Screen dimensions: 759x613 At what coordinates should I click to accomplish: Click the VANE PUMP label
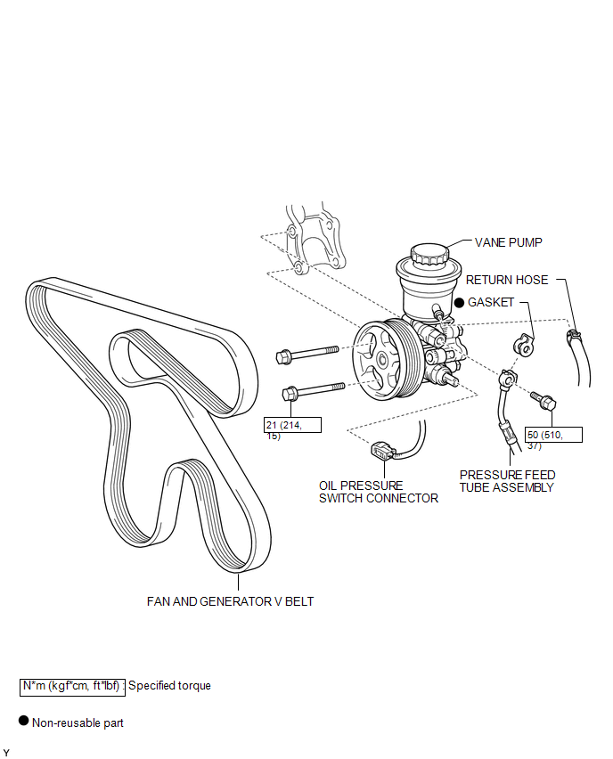[508, 242]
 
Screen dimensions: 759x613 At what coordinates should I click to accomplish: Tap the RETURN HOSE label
[507, 280]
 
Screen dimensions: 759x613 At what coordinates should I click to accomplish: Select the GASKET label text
[491, 302]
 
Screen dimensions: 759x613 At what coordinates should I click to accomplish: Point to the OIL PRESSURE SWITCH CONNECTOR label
[379, 492]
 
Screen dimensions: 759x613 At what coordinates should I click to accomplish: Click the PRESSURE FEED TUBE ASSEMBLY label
[506, 481]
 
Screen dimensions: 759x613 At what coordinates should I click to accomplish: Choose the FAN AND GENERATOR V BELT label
[230, 601]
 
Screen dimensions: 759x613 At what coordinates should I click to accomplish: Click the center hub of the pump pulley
[381, 360]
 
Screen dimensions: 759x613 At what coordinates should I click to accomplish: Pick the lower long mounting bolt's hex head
[290, 393]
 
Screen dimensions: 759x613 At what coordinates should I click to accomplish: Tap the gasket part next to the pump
[525, 344]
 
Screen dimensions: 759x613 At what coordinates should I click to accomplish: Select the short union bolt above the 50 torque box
[543, 400]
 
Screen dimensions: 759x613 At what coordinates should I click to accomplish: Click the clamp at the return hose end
[571, 337]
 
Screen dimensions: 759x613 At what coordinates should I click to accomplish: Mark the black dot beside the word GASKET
[459, 303]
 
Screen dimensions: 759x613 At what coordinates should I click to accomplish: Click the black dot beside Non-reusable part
[24, 722]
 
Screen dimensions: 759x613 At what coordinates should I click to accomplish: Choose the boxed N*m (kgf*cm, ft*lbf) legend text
[72, 686]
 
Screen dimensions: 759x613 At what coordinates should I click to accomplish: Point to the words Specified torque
[169, 686]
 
